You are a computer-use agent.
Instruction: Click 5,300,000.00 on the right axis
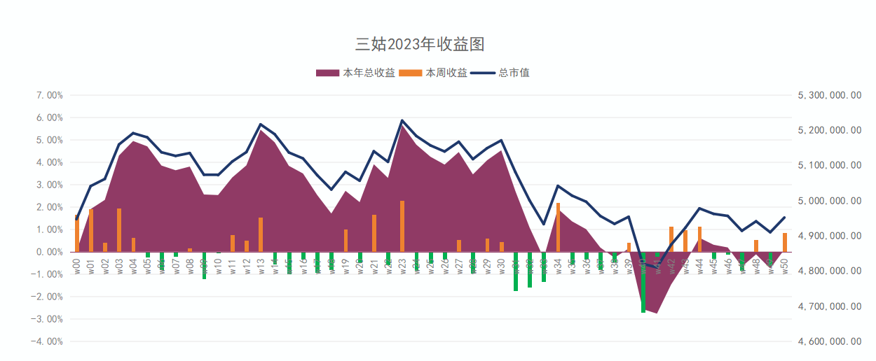point(830,95)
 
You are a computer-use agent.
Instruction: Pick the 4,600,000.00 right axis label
point(830,341)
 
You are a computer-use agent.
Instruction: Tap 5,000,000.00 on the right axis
point(830,201)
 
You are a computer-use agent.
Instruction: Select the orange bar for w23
point(402,226)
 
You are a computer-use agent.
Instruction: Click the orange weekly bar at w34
point(558,227)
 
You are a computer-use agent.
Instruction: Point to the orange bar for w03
point(119,230)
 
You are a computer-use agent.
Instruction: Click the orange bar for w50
point(785,242)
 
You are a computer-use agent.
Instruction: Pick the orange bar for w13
point(261,234)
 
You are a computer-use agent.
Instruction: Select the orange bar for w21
point(374,233)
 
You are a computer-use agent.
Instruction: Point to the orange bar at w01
point(91,230)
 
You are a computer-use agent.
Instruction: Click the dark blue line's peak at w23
point(402,120)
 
